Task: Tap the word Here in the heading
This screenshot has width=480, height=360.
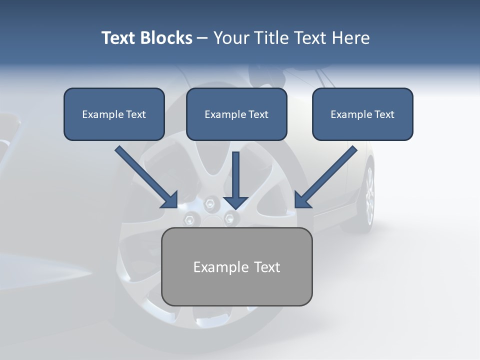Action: point(349,38)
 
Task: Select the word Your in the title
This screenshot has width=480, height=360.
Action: point(232,38)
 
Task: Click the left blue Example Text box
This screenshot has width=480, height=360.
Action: point(114,114)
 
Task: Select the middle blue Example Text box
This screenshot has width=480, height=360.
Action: point(236,114)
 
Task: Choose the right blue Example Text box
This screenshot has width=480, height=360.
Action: point(362,114)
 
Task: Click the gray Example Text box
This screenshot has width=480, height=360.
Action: point(237,267)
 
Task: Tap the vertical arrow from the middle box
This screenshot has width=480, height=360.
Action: point(236,175)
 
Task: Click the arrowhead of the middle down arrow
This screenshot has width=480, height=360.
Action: point(236,202)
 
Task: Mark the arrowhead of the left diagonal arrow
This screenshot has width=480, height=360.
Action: point(169,199)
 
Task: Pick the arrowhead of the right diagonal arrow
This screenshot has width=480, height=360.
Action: point(302,199)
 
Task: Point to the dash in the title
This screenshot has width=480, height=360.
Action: point(202,38)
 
